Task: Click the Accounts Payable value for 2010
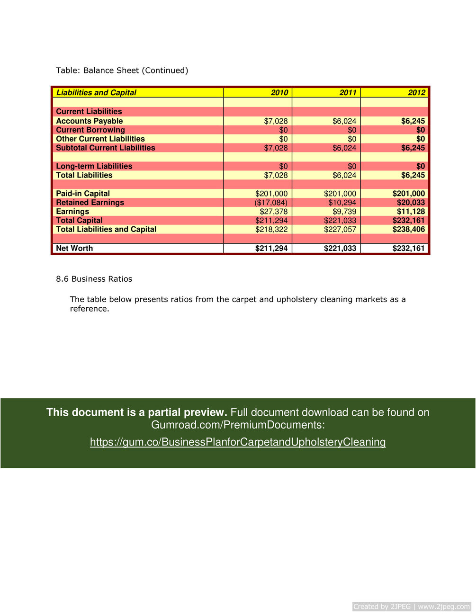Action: (x=276, y=121)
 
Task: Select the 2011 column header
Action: (x=348, y=93)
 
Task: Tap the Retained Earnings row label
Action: (x=90, y=203)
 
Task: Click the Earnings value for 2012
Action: (x=411, y=212)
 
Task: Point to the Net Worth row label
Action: (x=74, y=249)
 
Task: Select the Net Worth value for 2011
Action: (x=340, y=249)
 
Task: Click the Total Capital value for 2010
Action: (x=271, y=221)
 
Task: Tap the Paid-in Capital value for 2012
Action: (x=409, y=194)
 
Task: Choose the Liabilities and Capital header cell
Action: (x=96, y=93)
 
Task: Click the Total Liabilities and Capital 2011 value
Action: (x=340, y=230)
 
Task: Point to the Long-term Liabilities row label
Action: (x=94, y=166)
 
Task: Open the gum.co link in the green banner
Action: (x=238, y=442)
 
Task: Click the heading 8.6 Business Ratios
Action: (x=94, y=279)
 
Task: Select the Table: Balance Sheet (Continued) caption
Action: (x=122, y=71)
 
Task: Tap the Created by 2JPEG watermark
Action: (x=412, y=607)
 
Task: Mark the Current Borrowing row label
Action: (x=90, y=130)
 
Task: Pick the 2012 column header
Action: (x=416, y=93)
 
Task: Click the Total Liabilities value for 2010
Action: (x=276, y=175)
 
